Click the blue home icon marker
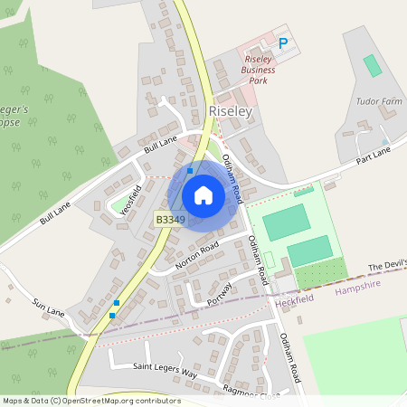203,195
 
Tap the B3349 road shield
170,219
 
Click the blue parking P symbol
283,43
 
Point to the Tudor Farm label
378,102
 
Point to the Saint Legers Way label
165,372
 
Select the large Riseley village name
229,110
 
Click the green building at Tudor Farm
372,65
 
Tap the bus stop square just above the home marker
190,169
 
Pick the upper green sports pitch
286,221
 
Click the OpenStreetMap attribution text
90,401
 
